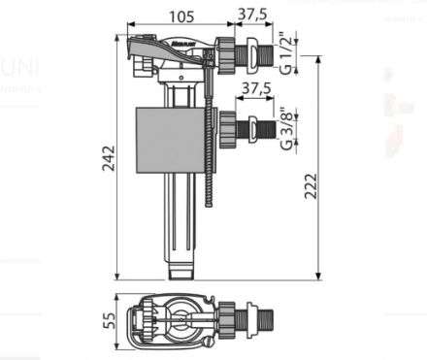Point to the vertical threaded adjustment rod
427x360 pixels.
click(x=209, y=175)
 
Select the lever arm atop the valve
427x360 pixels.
click(x=160, y=45)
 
